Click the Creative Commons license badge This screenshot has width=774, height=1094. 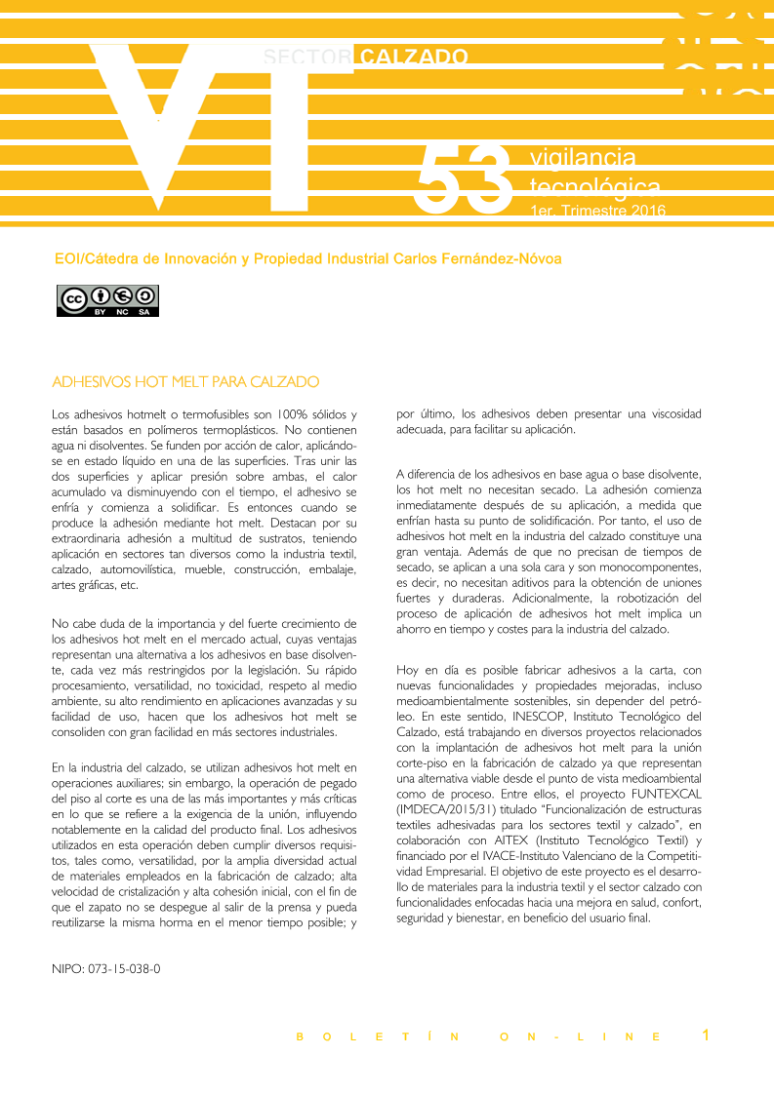click(x=107, y=300)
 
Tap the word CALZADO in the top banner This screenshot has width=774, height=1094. click(x=414, y=58)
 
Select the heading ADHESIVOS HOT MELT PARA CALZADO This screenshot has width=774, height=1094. click(x=185, y=380)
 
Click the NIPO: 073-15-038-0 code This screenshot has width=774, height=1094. click(x=106, y=970)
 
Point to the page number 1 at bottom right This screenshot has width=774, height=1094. click(x=706, y=1035)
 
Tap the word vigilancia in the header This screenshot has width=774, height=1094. click(x=583, y=158)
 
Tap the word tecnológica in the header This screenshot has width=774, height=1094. click(x=594, y=186)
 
